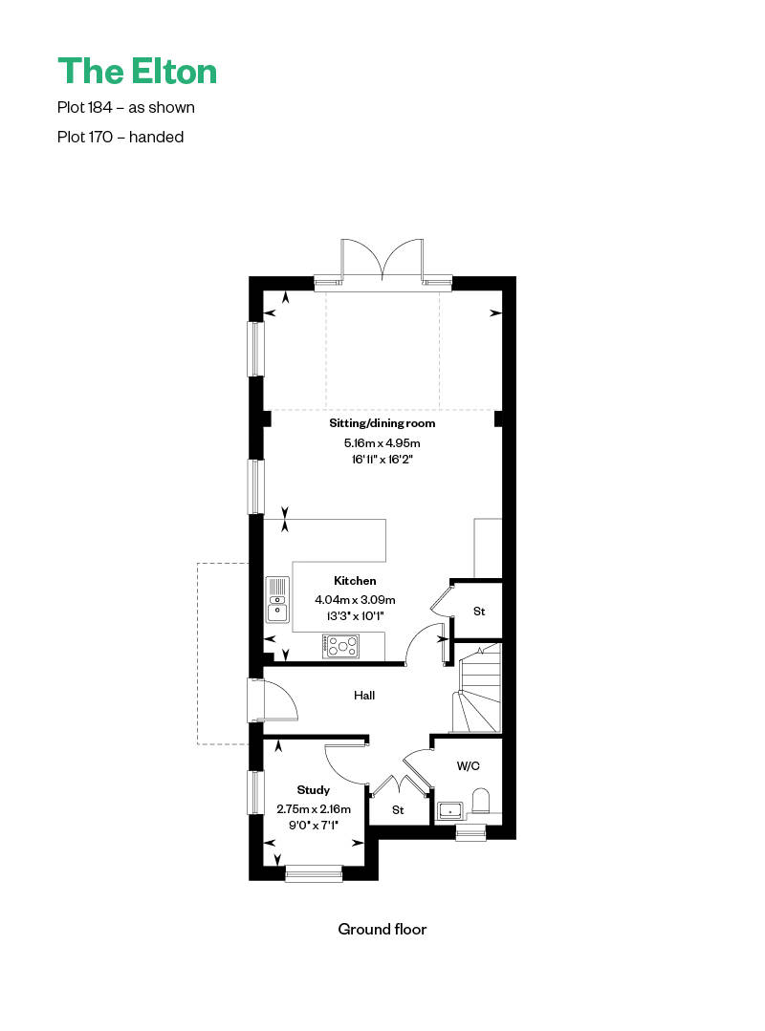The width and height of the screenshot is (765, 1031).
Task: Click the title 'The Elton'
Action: click(x=137, y=71)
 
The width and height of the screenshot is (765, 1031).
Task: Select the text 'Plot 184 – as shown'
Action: click(x=125, y=107)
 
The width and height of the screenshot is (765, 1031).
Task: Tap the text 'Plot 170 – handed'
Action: click(x=120, y=137)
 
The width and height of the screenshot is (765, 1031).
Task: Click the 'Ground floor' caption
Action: click(x=382, y=929)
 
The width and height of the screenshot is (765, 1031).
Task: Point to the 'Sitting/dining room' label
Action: click(x=382, y=423)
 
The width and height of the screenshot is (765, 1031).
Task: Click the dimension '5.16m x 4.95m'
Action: click(x=382, y=443)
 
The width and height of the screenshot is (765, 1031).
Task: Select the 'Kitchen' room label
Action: click(x=355, y=581)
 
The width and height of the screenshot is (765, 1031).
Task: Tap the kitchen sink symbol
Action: click(x=277, y=599)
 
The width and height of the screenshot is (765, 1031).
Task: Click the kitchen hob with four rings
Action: click(x=340, y=646)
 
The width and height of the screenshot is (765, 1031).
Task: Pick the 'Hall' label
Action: click(x=364, y=695)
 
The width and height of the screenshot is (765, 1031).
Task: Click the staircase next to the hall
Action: click(x=476, y=688)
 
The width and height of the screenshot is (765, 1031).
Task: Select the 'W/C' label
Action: click(x=469, y=766)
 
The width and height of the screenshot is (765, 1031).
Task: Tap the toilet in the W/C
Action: click(x=482, y=802)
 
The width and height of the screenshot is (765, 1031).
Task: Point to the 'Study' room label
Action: click(x=313, y=790)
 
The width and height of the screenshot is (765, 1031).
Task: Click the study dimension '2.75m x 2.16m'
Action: click(x=314, y=808)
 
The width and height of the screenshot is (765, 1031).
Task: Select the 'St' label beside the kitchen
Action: click(x=479, y=612)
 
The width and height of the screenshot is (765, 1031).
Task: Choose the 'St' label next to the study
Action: click(x=398, y=810)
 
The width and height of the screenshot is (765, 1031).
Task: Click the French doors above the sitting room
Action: click(x=382, y=262)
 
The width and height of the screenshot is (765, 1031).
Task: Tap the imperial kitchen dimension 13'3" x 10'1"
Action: click(x=355, y=616)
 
